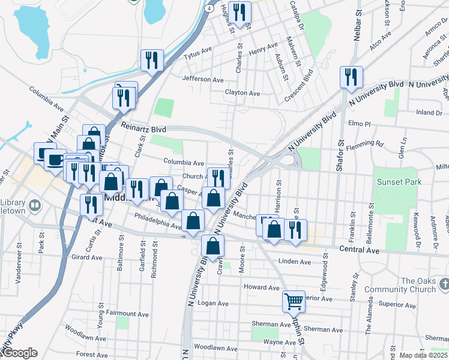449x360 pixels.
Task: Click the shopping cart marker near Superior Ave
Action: (294, 301)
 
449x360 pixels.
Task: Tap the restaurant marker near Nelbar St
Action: (351, 77)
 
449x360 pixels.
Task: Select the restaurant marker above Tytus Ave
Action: (152, 60)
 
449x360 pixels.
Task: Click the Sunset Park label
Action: (399, 182)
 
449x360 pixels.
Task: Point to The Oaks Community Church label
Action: (427, 285)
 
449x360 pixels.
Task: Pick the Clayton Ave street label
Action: (243, 93)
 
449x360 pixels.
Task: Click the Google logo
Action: (19, 353)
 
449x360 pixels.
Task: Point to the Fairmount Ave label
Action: (127, 314)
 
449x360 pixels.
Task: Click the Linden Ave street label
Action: (294, 262)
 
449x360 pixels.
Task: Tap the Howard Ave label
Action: (262, 287)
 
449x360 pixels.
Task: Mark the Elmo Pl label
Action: (360, 123)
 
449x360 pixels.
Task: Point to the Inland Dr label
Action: (429, 112)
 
